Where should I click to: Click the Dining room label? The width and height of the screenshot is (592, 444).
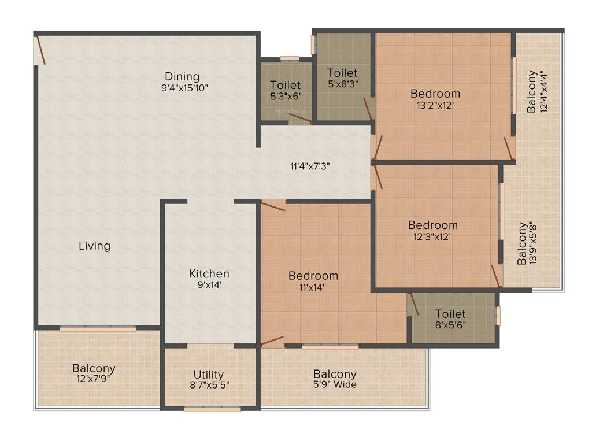[x=182, y=76]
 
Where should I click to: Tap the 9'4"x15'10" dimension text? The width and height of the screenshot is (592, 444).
[x=185, y=88]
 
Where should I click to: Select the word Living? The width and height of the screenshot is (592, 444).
[x=94, y=246]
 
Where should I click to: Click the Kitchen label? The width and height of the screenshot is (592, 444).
[x=209, y=273]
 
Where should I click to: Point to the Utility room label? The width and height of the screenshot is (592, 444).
[x=209, y=375]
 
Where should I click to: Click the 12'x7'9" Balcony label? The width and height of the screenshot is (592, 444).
[x=94, y=368]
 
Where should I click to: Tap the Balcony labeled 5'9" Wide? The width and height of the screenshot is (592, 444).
[x=335, y=375]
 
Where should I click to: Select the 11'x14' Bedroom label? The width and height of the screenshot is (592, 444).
[x=313, y=276]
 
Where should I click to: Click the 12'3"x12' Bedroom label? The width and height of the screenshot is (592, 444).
[x=432, y=225]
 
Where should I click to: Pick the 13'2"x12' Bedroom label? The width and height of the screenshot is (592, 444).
[x=435, y=94]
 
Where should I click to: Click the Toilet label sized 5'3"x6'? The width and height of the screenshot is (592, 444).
[x=285, y=86]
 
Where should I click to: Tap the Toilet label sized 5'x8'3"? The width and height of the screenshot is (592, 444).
[x=342, y=73]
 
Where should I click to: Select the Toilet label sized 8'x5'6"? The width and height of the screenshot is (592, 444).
[x=450, y=313]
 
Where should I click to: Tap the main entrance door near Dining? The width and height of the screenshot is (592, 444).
[x=40, y=50]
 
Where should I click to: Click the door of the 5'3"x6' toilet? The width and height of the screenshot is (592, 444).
[x=299, y=119]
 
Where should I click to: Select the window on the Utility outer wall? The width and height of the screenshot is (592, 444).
[x=212, y=409]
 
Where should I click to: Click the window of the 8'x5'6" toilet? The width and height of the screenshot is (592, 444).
[x=498, y=316]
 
